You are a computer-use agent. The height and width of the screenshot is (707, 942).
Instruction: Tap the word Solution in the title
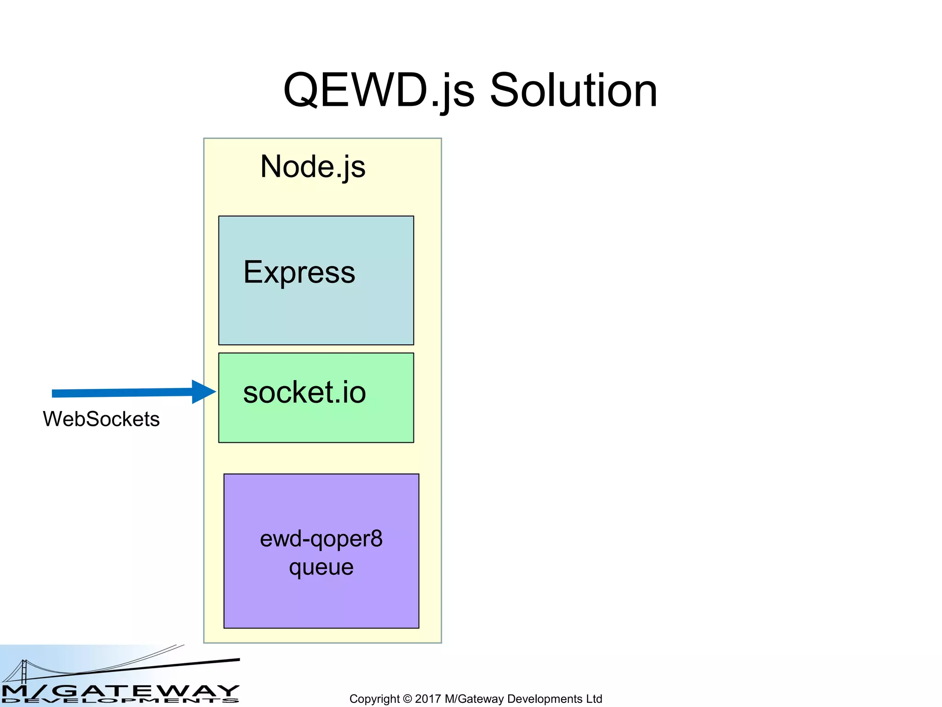573,91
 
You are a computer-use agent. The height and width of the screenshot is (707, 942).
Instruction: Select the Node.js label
313,167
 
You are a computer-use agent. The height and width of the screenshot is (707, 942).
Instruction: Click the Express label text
299,272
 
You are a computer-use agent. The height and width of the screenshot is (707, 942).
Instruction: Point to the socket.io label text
304,393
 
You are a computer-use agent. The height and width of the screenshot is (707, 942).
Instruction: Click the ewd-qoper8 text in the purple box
321,539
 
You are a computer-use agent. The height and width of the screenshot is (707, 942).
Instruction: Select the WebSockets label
101,419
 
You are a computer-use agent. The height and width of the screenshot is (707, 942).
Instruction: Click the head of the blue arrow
203,392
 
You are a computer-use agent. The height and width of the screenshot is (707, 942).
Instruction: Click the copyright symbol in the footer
407,699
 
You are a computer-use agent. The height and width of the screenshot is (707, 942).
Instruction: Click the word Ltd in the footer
594,699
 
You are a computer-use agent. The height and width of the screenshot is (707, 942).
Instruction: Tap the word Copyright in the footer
374,699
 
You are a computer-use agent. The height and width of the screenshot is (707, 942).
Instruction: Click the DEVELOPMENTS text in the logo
120,701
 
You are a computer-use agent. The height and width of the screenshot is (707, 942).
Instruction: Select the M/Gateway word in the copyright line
474,699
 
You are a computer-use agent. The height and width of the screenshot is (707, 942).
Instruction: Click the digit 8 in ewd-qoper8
376,539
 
